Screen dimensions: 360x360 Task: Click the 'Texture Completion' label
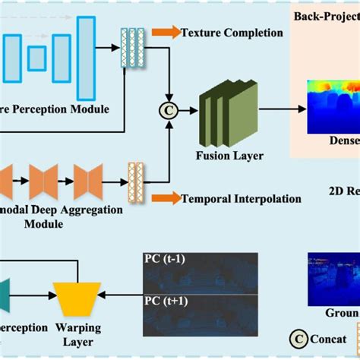[x=232, y=33]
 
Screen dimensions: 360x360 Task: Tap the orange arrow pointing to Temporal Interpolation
[x=162, y=199]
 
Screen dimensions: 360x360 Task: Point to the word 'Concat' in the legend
[x=333, y=340]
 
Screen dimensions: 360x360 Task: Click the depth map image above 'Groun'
[x=333, y=279]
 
